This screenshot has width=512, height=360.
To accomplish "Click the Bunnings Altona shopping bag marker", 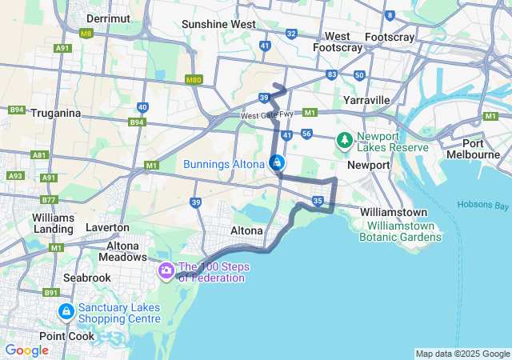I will pos(276,164).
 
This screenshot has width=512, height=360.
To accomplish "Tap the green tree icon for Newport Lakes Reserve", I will pos(345,141).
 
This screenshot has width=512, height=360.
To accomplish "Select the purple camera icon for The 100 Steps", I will pos(166,270).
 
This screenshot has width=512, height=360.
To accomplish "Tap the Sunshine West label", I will pos(218,24).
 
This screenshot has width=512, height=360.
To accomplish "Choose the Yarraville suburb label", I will pos(366,100).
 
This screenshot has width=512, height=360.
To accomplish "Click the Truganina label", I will pos(56,113).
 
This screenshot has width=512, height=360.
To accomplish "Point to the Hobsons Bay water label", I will pos(483,205).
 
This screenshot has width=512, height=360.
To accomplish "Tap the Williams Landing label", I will pos(54,223).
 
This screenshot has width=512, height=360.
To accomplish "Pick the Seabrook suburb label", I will pos(88,277).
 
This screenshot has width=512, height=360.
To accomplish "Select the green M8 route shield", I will pos(86,34).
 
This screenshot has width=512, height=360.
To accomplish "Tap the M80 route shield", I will pos(193,80).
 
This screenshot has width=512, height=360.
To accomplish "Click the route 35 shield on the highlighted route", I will pos(318,200).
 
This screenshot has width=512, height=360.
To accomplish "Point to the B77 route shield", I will pos(49,200).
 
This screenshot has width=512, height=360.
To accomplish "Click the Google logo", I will pos(26,350).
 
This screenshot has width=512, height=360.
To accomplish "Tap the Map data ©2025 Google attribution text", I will pos(462,354).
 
